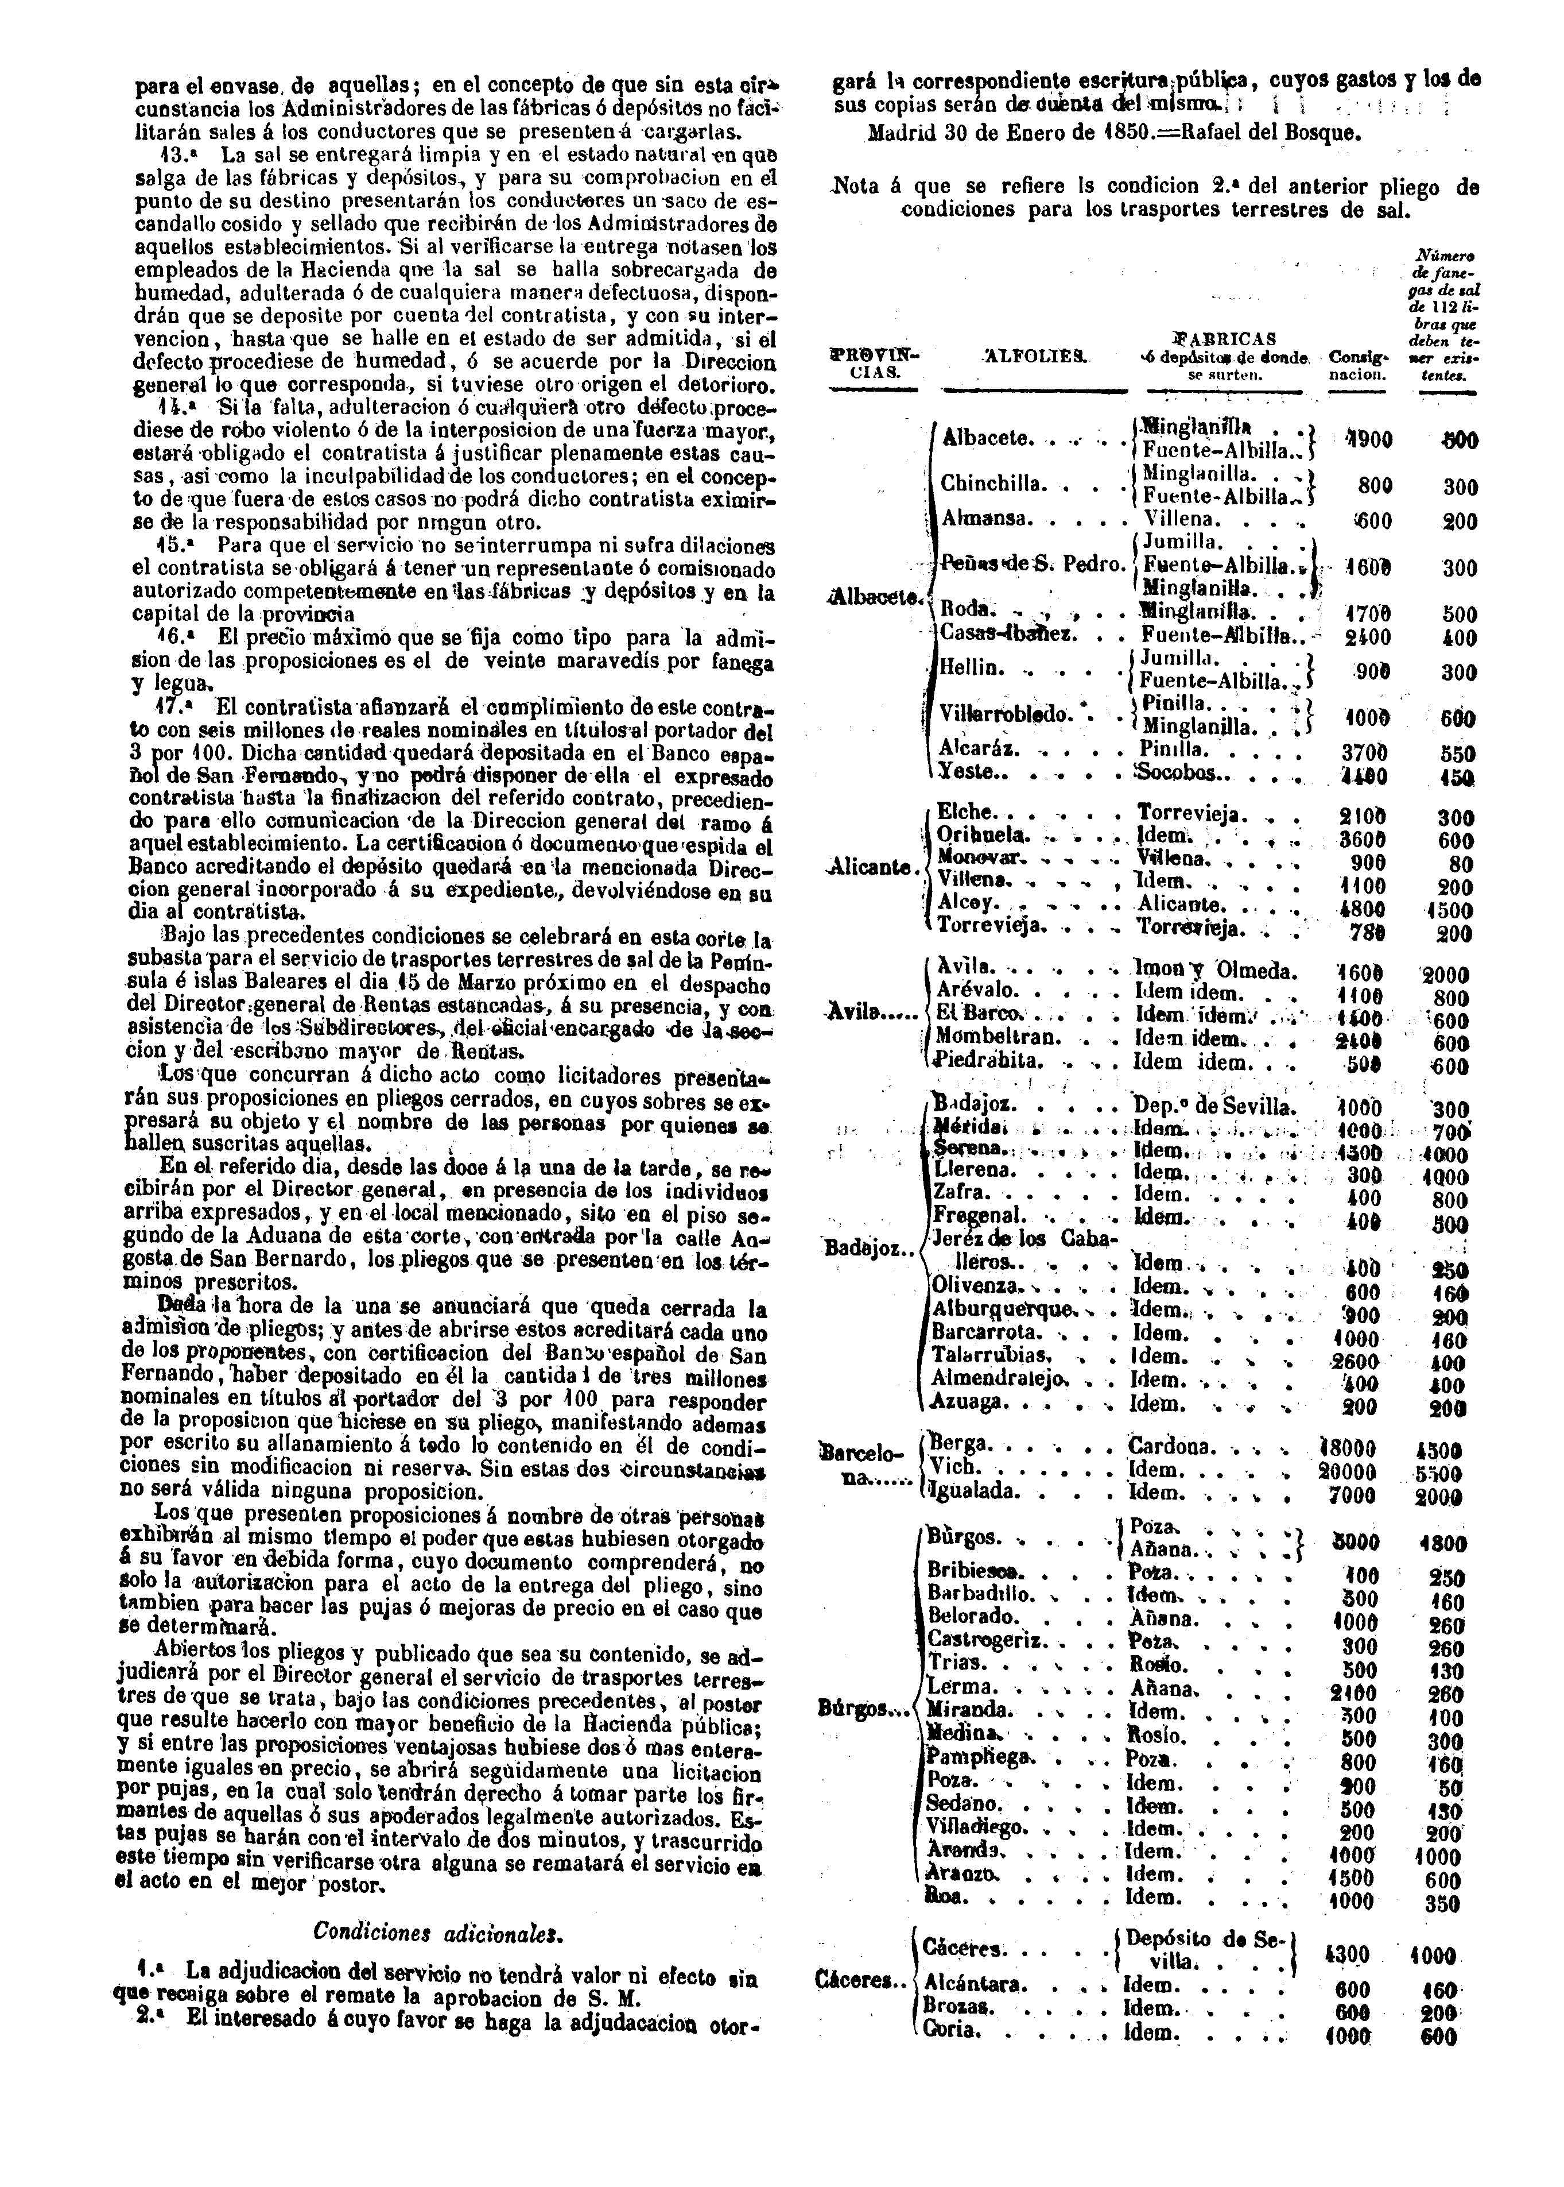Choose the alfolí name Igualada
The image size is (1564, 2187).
(x=973, y=1492)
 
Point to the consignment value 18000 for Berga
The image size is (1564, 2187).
(x=1346, y=1448)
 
